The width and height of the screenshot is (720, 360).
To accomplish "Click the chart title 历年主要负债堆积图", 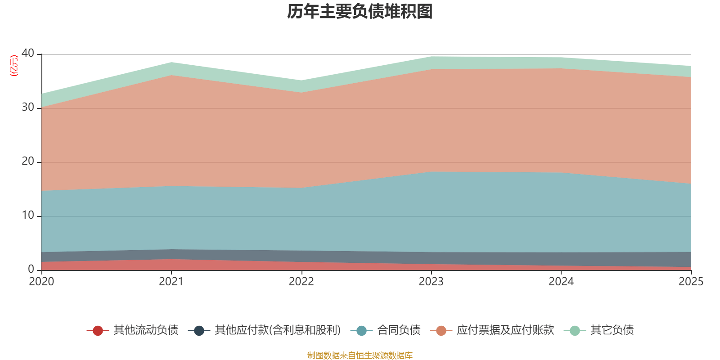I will [360, 12].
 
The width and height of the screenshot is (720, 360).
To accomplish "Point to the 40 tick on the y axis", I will [28, 53].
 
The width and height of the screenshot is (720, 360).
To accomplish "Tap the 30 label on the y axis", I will [28, 107].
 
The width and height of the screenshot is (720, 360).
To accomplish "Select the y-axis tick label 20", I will [28, 161].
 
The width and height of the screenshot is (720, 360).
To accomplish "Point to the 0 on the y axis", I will [31, 269].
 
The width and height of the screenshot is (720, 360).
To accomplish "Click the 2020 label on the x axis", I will [41, 282].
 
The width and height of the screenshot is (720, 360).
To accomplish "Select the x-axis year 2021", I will [171, 282].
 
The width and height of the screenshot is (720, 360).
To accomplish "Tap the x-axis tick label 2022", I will [301, 282].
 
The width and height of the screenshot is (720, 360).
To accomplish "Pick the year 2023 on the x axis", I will [431, 282].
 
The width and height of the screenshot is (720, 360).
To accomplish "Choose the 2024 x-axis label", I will [561, 282].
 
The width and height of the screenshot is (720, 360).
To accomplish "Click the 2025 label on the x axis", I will [691, 282].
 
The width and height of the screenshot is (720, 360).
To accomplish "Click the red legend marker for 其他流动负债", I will [98, 331].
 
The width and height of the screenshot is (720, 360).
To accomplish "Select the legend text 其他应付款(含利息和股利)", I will [278, 330].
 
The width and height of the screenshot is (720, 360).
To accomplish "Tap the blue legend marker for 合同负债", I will [361, 331].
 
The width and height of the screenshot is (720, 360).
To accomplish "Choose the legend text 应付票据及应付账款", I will [505, 330].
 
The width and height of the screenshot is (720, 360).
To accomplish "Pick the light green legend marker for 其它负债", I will [575, 331].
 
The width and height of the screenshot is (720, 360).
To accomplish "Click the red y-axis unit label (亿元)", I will [14, 66].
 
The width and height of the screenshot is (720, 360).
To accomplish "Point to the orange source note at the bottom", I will [360, 355].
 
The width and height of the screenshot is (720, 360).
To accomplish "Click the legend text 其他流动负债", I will [146, 330].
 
